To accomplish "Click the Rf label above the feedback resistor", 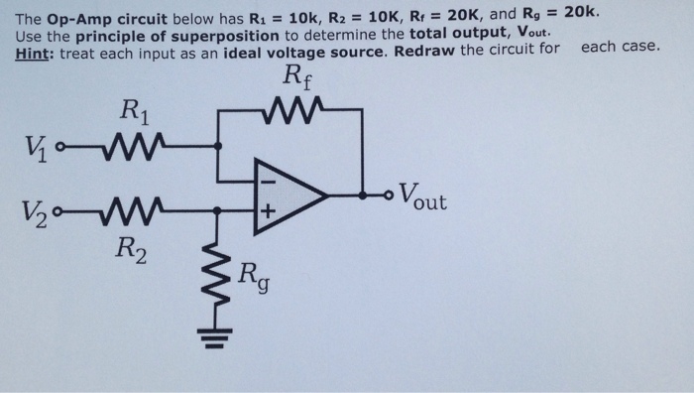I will [296, 75].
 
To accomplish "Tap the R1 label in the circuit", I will [134, 111].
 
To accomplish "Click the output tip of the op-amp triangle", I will [325, 195].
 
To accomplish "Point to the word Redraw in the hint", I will [420, 50].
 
